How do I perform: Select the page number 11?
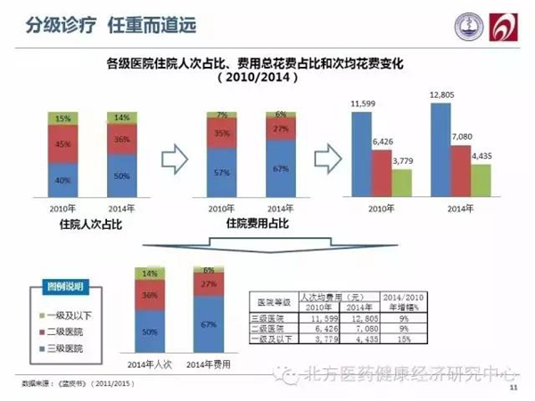coord(513,389)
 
